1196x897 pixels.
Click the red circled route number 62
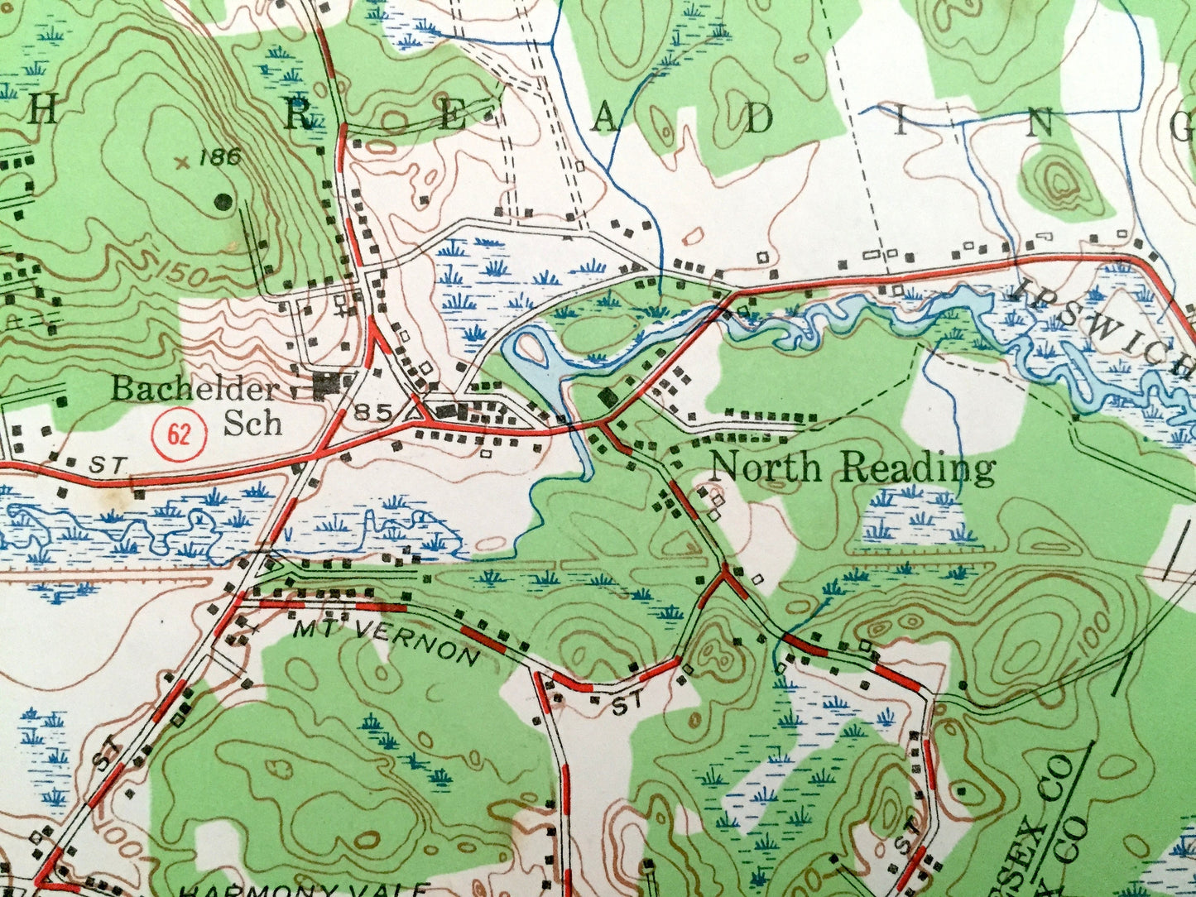coord(179,433)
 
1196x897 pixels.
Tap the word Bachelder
coord(195,389)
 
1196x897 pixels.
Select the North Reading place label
coord(853,468)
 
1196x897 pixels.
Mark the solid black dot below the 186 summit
coord(222,200)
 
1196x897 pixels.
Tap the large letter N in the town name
coord(1042,125)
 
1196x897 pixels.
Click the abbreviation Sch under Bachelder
coord(253,423)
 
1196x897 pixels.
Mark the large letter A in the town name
coord(605,121)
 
